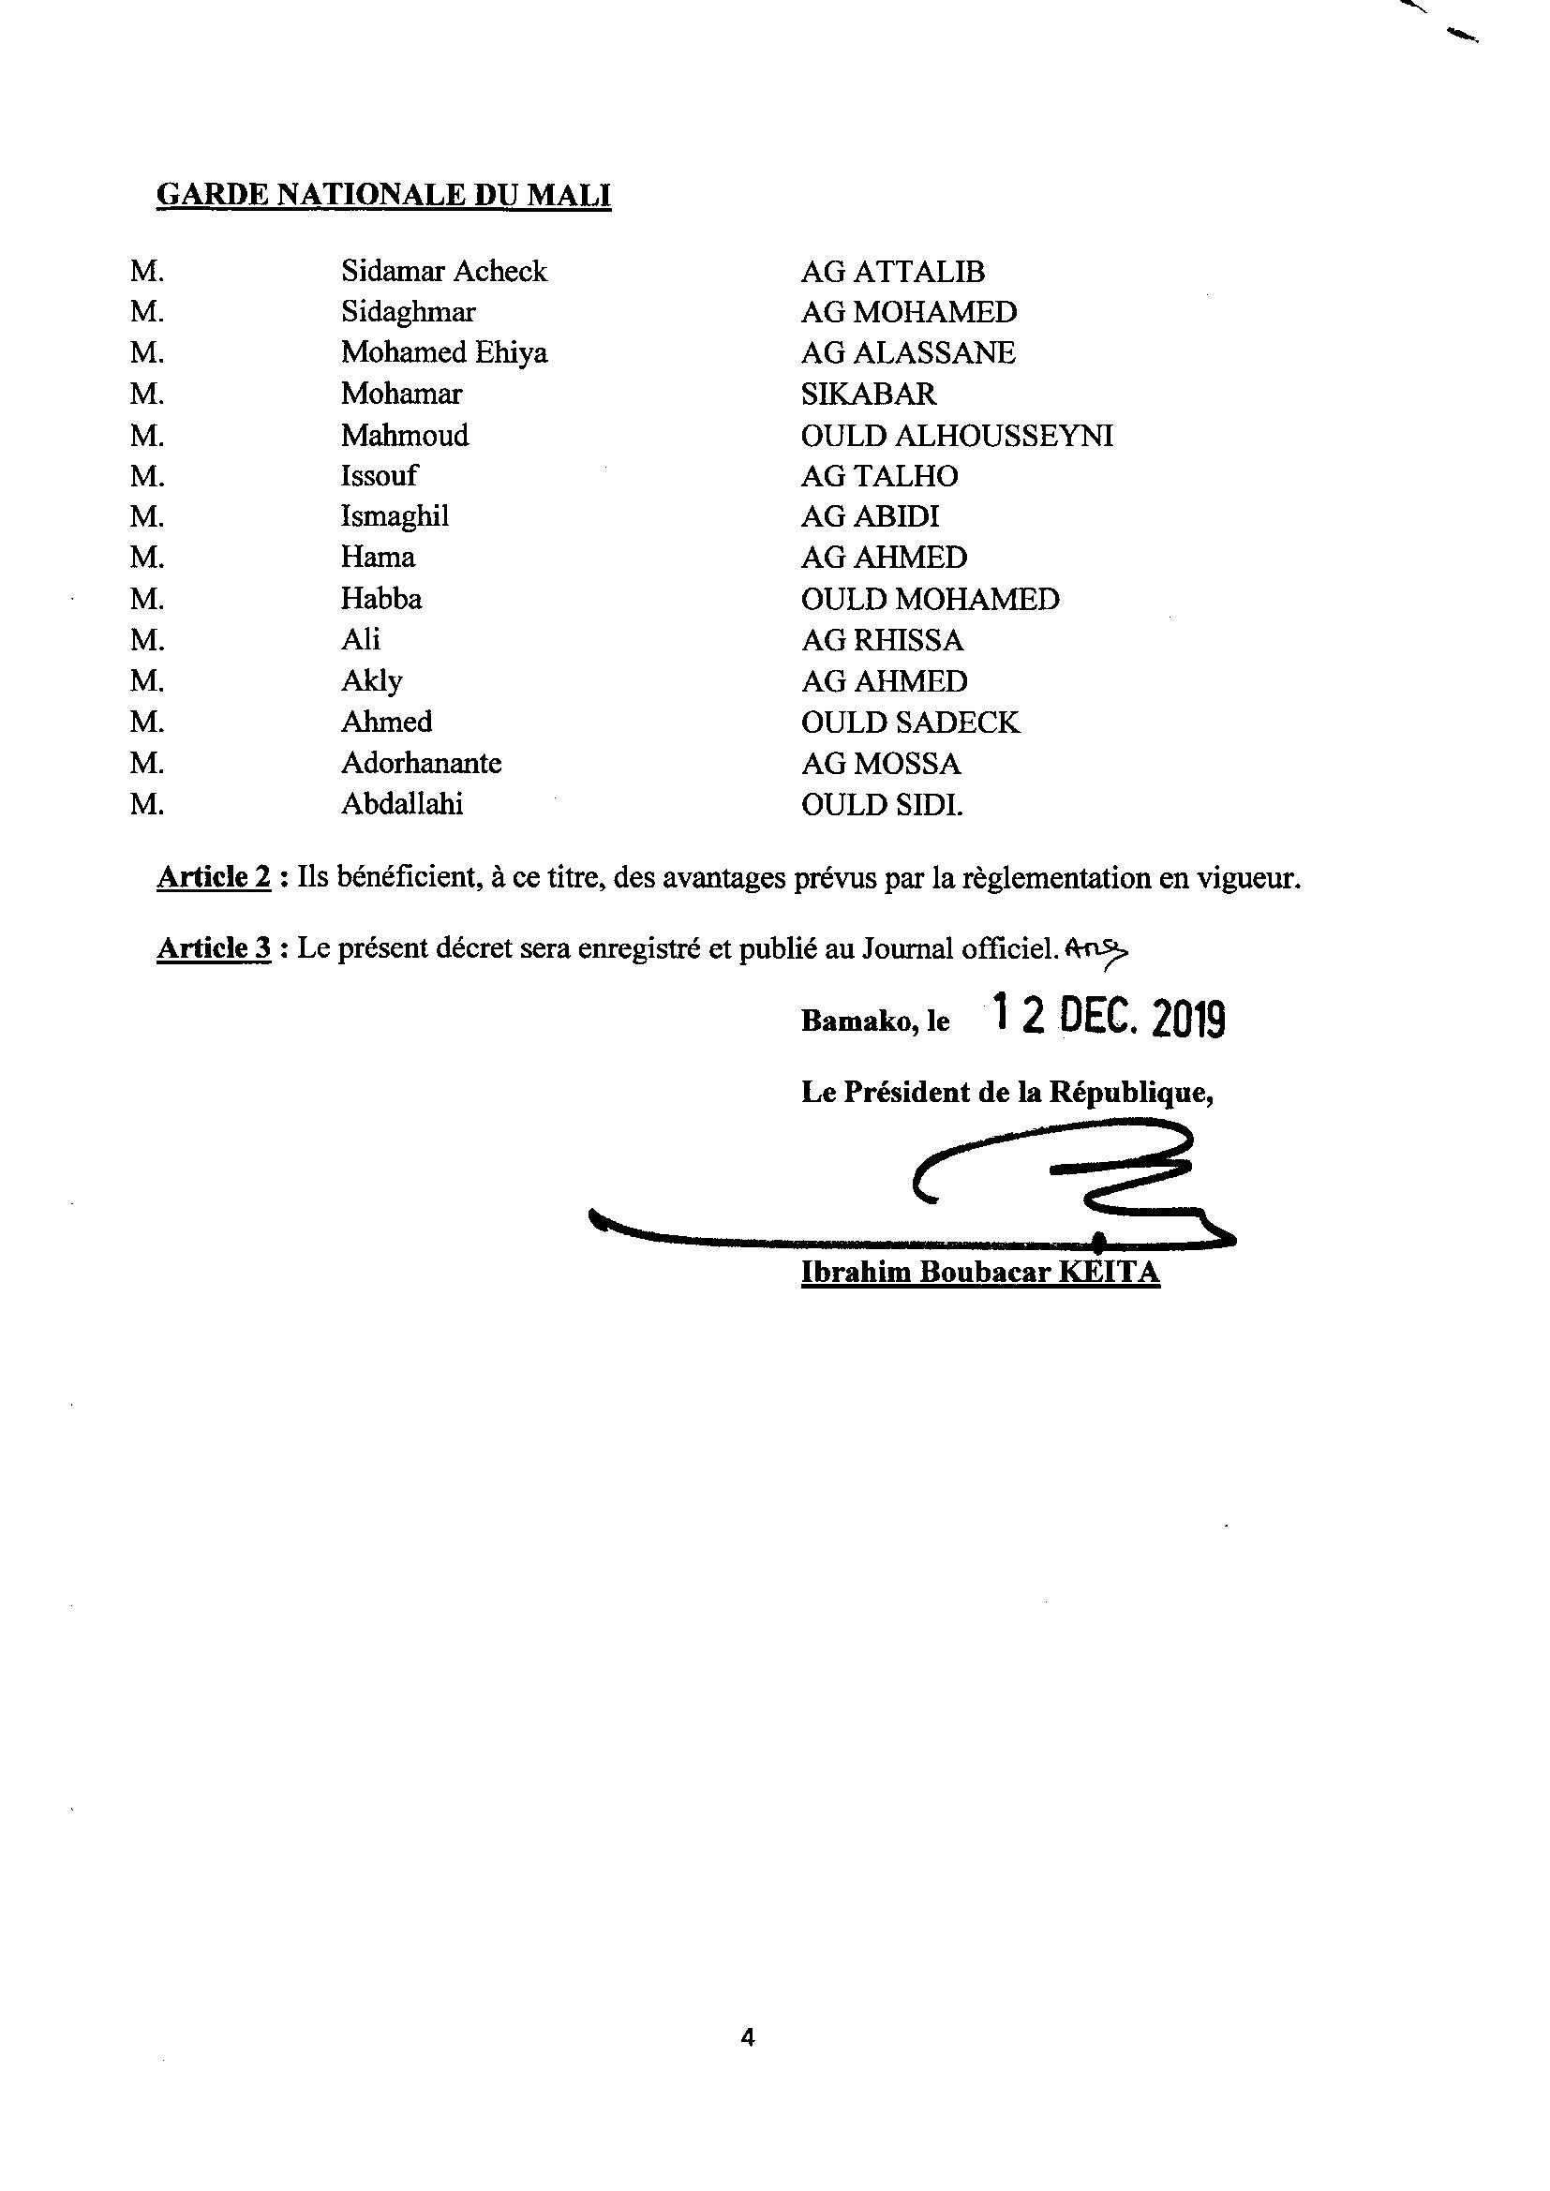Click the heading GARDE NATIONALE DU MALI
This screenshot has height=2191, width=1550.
[x=382, y=195]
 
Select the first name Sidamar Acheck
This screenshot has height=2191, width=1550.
[x=444, y=272]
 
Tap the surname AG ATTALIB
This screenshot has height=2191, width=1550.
[x=892, y=272]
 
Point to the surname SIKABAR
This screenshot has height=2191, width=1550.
[x=869, y=395]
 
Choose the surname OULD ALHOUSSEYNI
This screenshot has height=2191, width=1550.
[x=957, y=436]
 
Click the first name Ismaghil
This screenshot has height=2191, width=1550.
[x=395, y=516]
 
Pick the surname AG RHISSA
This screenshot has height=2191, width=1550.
[x=882, y=639]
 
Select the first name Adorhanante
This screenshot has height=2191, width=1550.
[x=421, y=763]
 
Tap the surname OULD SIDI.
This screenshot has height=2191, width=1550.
[x=882, y=804]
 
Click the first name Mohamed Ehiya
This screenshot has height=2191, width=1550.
[x=444, y=353]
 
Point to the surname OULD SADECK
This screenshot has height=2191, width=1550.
[x=911, y=723]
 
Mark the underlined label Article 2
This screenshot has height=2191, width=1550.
[x=214, y=877]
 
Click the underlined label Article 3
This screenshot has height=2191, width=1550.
[x=214, y=947]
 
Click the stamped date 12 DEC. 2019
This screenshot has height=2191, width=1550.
[x=1108, y=1018]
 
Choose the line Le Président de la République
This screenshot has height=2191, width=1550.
[x=1006, y=1093]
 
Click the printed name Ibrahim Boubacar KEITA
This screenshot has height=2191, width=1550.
[x=980, y=1272]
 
